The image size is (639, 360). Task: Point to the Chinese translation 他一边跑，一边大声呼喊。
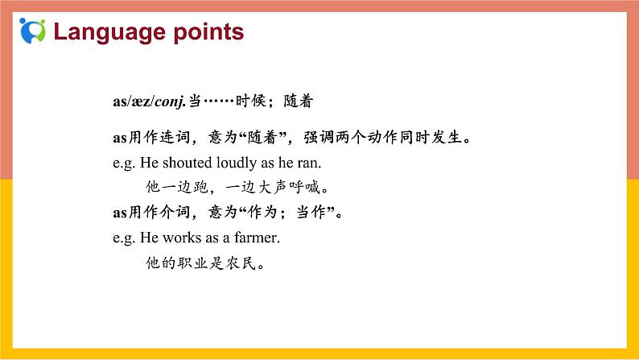point(238,188)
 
